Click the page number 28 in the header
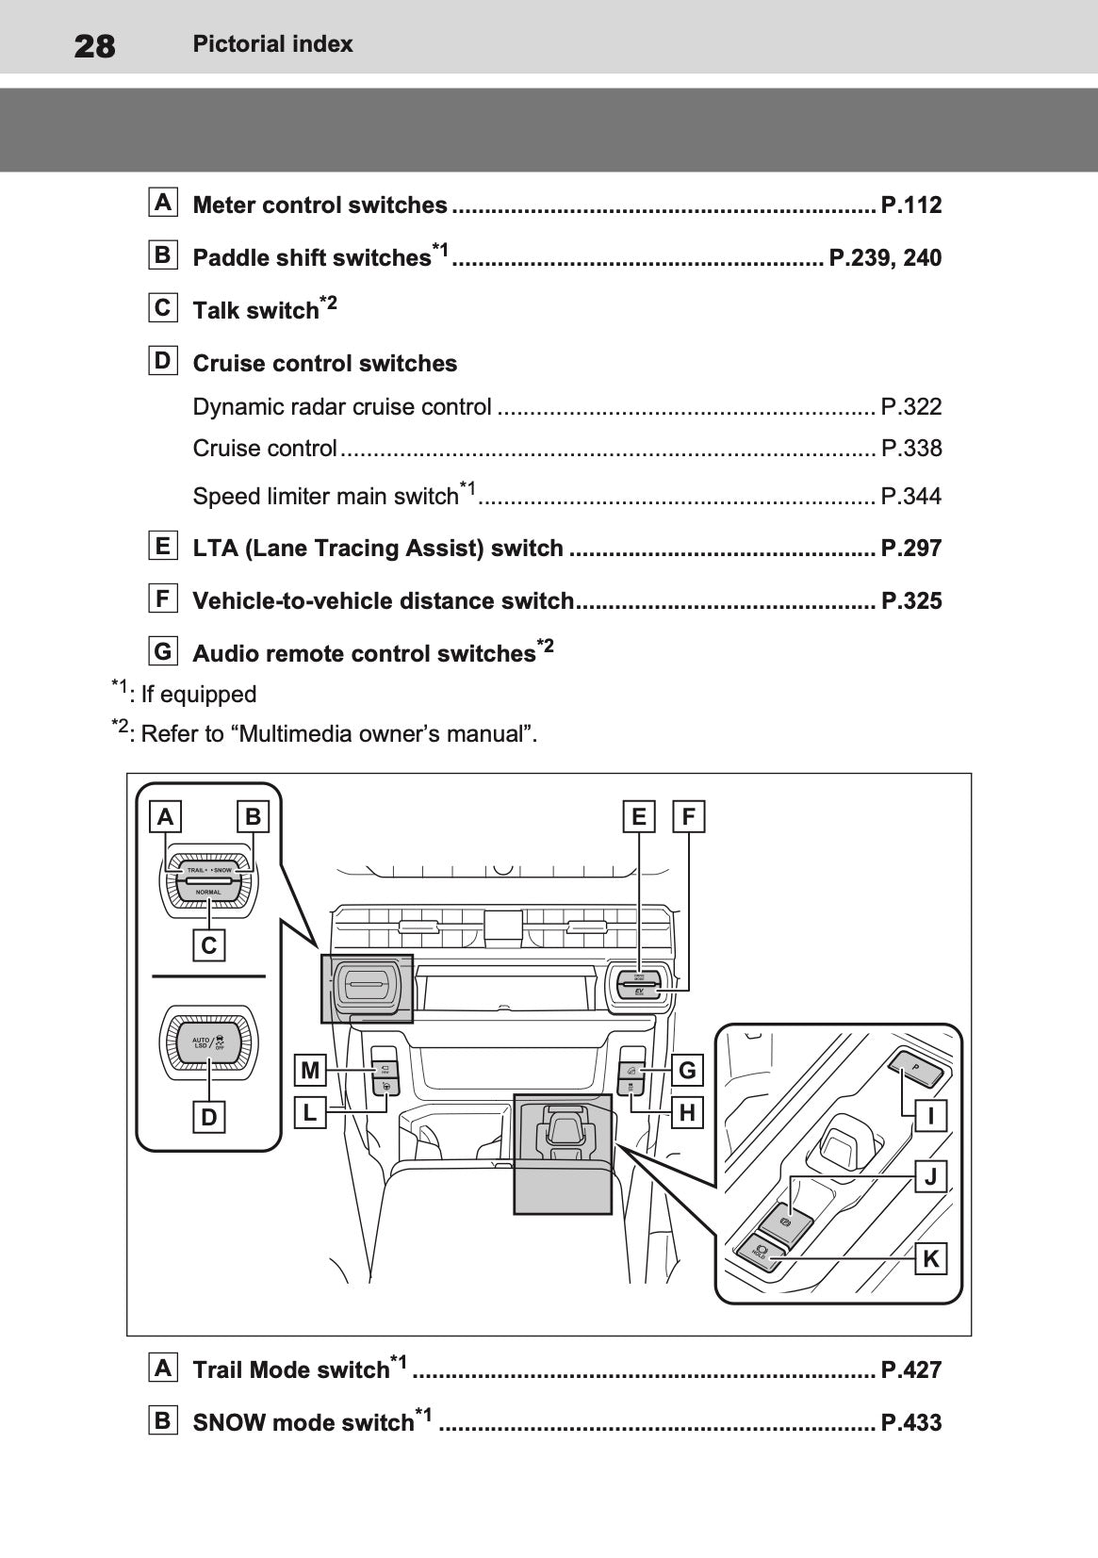pyautogui.click(x=94, y=44)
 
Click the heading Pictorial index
pyautogui.click(x=272, y=43)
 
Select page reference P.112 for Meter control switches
pyautogui.click(x=910, y=205)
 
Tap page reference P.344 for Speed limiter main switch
pyautogui.click(x=910, y=496)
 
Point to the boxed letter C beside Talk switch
pyautogui.click(x=163, y=307)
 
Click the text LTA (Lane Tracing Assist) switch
pyautogui.click(x=378, y=548)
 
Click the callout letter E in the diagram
pyautogui.click(x=639, y=816)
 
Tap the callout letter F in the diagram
pyautogui.click(x=689, y=816)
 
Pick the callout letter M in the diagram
pyautogui.click(x=310, y=1071)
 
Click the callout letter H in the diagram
pyautogui.click(x=687, y=1113)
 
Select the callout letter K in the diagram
pyautogui.click(x=931, y=1259)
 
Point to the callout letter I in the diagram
pyautogui.click(x=931, y=1117)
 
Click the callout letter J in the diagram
pyautogui.click(x=931, y=1176)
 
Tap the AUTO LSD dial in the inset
pyautogui.click(x=208, y=1042)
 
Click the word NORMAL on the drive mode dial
pyautogui.click(x=208, y=892)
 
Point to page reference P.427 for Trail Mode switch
pyautogui.click(x=910, y=1369)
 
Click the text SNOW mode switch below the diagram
pyautogui.click(x=303, y=1422)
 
